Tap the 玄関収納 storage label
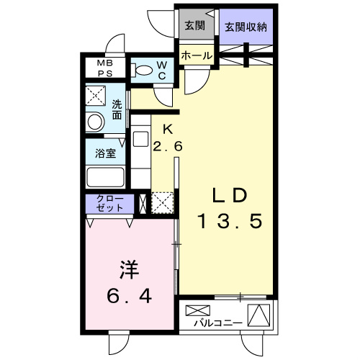coord(247,27)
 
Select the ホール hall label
coord(196,55)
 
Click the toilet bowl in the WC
coord(143,71)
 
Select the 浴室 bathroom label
coord(105,153)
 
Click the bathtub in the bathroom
coord(106,178)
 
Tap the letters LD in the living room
coord(230,196)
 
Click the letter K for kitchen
coord(167,130)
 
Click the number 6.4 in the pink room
coord(130,296)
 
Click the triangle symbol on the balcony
coord(259,315)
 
